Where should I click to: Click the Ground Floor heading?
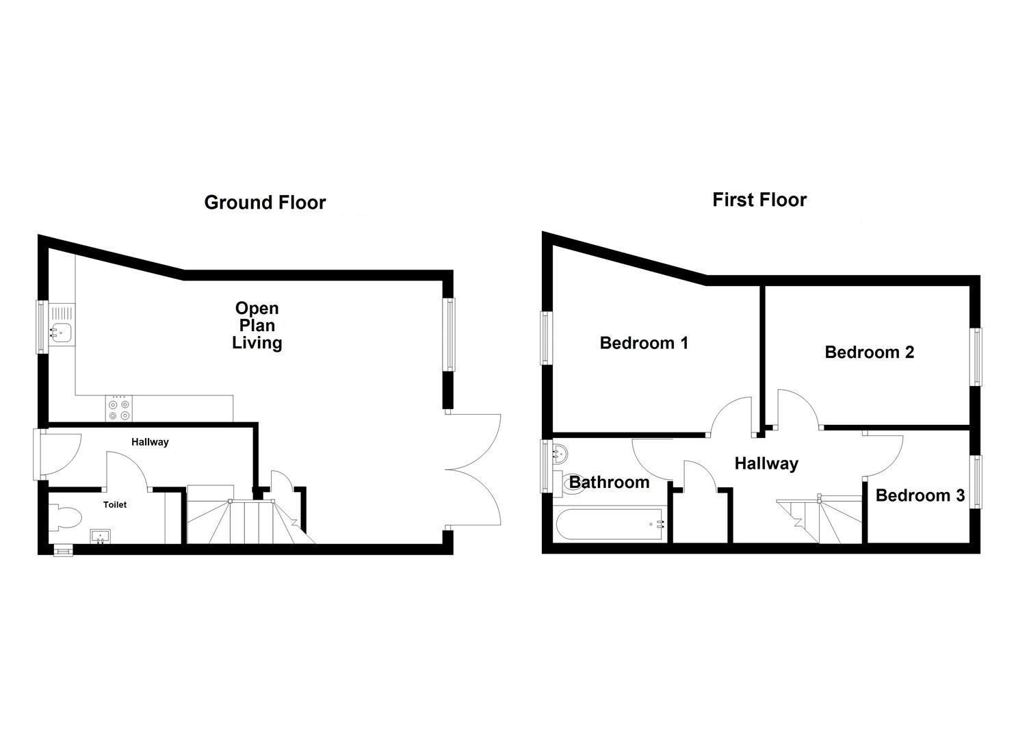(x=265, y=203)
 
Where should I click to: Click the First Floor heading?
(x=759, y=200)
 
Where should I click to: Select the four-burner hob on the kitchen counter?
(x=118, y=409)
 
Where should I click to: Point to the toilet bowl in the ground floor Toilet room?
(x=67, y=517)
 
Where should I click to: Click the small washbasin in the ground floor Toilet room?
(x=101, y=536)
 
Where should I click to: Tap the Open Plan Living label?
(x=257, y=326)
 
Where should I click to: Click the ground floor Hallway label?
(x=150, y=442)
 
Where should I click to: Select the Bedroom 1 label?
(x=643, y=343)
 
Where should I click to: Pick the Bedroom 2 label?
(x=869, y=352)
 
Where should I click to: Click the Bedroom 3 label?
(x=920, y=495)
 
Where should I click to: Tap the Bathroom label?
(x=609, y=482)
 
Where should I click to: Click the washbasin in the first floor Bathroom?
(x=560, y=452)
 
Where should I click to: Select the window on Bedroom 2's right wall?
(x=976, y=356)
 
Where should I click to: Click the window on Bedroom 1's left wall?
(x=545, y=337)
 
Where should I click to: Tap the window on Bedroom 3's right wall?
(x=976, y=482)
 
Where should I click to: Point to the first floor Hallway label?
(x=766, y=464)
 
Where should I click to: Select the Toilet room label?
(x=115, y=504)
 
